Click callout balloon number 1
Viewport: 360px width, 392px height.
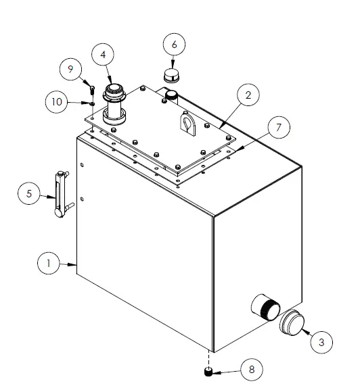pyautogui.click(x=49, y=263)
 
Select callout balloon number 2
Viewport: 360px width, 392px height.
pyautogui.click(x=248, y=95)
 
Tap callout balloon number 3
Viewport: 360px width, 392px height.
pyautogui.click(x=321, y=342)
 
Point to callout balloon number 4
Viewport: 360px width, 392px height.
pyautogui.click(x=103, y=55)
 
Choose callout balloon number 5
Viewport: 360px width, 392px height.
pyautogui.click(x=29, y=193)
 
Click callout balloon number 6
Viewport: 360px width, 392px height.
pyautogui.click(x=174, y=44)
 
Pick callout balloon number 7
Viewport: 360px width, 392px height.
pyautogui.click(x=279, y=127)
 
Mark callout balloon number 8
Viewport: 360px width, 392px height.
pyautogui.click(x=252, y=370)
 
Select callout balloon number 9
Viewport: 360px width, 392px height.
pyautogui.click(x=70, y=69)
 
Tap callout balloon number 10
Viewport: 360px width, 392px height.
pyautogui.click(x=57, y=102)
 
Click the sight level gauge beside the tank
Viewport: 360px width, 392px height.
pyautogui.click(x=62, y=194)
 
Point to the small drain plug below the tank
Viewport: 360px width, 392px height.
pyautogui.click(x=208, y=372)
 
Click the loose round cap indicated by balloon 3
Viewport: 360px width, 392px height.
pyautogui.click(x=292, y=322)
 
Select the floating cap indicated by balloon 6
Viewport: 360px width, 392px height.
pyautogui.click(x=173, y=76)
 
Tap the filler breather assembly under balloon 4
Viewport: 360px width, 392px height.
pyautogui.click(x=114, y=105)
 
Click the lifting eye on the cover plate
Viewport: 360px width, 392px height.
pyautogui.click(x=187, y=124)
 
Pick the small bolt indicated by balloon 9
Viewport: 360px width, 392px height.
pyautogui.click(x=92, y=90)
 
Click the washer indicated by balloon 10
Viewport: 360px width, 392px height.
pyautogui.click(x=93, y=103)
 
